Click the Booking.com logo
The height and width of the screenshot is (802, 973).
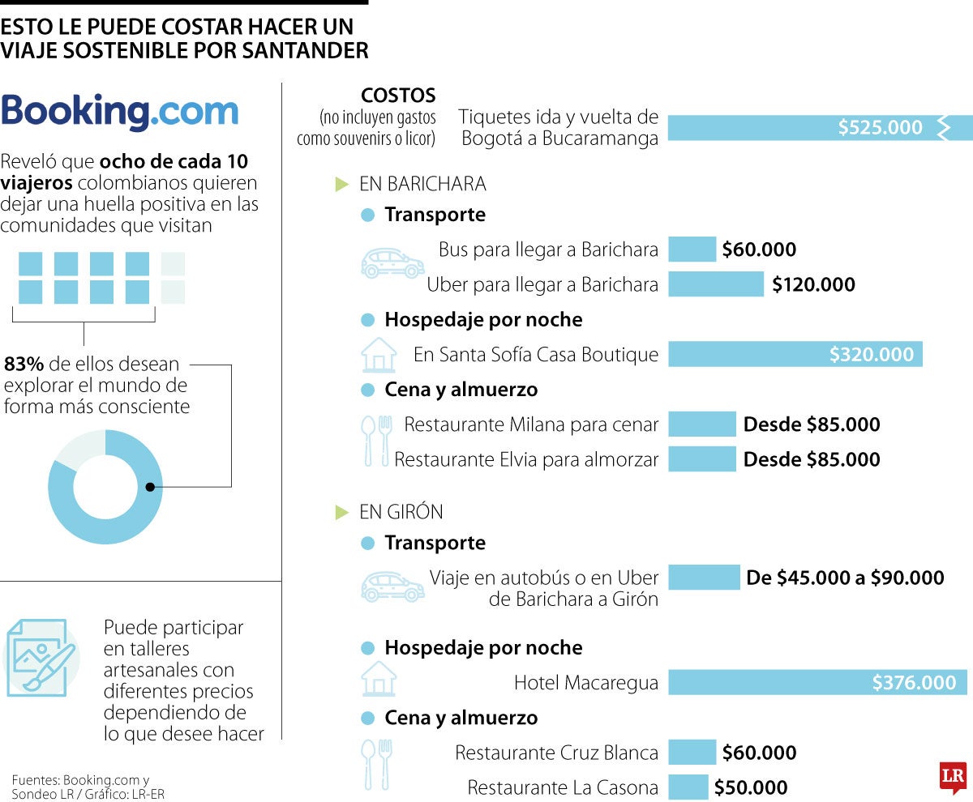[x=120, y=112]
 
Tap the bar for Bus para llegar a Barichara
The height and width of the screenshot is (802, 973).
[x=692, y=250]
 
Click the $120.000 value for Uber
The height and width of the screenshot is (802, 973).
[x=813, y=284]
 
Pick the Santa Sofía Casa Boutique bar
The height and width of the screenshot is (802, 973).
[x=795, y=354]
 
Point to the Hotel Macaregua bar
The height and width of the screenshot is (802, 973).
[x=817, y=682]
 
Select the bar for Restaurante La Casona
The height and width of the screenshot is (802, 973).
[x=688, y=787]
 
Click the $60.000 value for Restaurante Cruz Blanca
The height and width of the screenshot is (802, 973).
[x=759, y=753]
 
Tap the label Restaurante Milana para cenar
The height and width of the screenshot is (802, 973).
[x=531, y=424]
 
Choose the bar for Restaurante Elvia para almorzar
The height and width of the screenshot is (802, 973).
[x=701, y=459]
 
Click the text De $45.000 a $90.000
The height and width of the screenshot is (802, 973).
[x=845, y=578]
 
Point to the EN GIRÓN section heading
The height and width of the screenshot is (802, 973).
[x=401, y=512]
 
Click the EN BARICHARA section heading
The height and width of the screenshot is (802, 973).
[x=422, y=184]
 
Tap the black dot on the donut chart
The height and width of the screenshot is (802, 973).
[x=150, y=487]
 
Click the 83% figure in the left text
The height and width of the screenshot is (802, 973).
[x=24, y=364]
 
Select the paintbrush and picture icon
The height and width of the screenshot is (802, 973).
[x=41, y=658]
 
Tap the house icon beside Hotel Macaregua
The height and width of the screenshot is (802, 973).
[x=379, y=679]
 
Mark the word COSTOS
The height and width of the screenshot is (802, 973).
[x=398, y=95]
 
